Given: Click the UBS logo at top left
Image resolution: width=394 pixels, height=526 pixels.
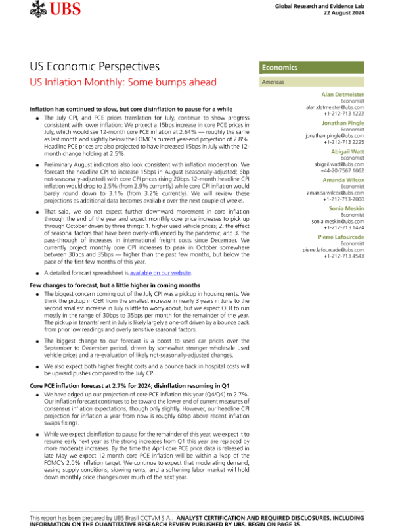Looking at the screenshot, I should pos(53,10).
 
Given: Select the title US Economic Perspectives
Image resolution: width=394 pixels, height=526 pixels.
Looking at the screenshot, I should pos(95,66).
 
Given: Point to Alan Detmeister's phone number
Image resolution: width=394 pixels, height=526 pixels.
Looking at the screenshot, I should pos(347,113).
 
